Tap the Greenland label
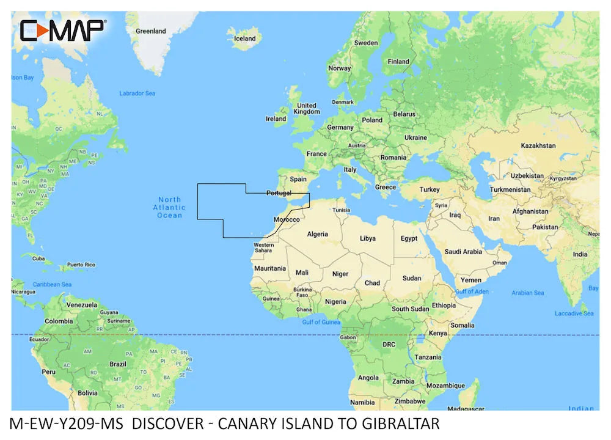point(150,31)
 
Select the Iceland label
point(245,38)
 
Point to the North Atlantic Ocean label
point(169,207)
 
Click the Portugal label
point(279,193)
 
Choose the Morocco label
point(286,219)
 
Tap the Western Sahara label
point(264,248)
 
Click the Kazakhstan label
point(538,145)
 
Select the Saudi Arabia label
point(463,251)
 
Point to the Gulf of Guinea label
point(320,322)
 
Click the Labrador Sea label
point(137,94)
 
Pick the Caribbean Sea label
point(52,284)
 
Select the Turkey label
point(429,189)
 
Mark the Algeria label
point(317,234)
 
